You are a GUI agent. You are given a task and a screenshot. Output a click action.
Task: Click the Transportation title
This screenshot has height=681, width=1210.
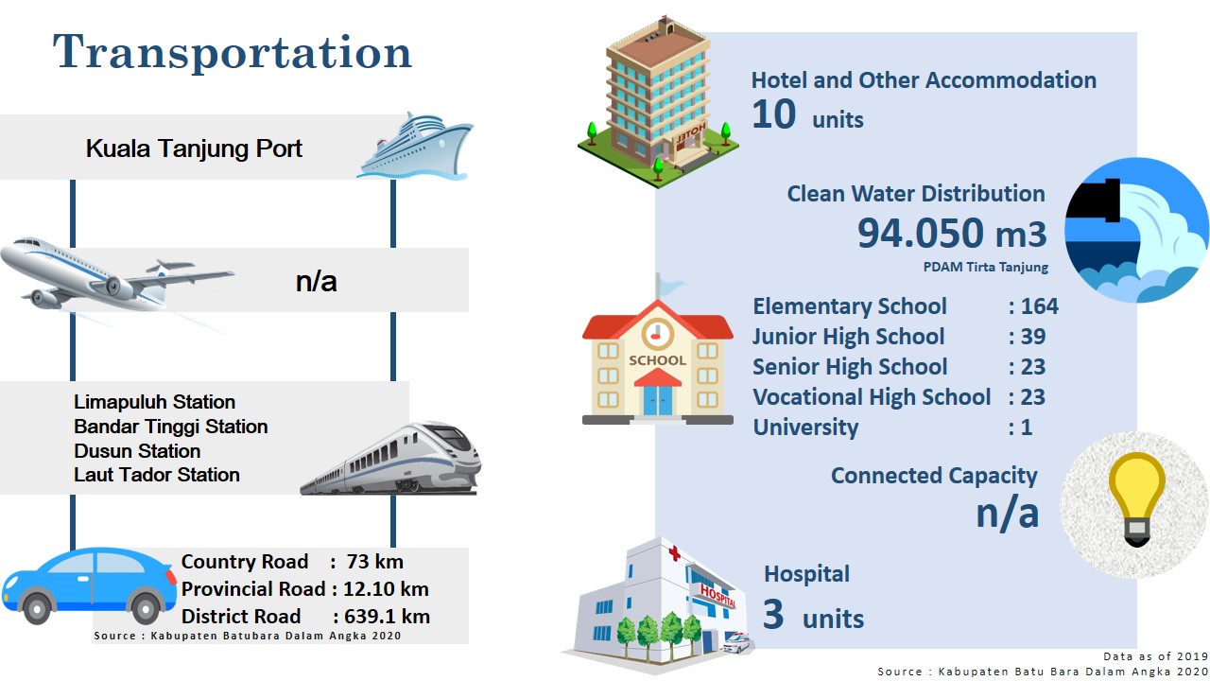point(233,52)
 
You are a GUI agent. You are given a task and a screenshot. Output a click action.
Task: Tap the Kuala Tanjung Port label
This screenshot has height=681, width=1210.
point(194,148)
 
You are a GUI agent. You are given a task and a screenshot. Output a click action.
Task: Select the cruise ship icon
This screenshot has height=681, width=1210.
point(415,146)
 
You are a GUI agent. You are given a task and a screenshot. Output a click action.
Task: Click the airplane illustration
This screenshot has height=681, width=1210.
point(116,278)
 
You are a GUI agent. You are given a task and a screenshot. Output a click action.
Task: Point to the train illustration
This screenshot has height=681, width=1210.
point(390,459)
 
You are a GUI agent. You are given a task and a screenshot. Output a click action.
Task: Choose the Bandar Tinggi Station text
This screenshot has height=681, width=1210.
point(171,427)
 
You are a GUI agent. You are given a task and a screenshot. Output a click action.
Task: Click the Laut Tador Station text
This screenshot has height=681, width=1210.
point(157,475)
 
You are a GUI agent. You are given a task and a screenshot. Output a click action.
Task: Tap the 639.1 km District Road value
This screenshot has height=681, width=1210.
point(387,617)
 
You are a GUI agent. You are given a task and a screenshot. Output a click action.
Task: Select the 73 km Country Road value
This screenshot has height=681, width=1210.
point(374,562)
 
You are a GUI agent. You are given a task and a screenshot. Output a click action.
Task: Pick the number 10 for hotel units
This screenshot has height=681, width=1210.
point(773,114)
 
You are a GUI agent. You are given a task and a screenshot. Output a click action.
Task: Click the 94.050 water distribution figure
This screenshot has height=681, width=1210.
point(920,233)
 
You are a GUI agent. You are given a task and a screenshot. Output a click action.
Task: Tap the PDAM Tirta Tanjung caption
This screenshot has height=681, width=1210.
point(985,267)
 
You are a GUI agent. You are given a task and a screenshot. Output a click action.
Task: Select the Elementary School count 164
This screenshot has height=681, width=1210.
point(1040,306)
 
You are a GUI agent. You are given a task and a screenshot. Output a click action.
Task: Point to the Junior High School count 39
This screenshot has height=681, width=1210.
point(1033,337)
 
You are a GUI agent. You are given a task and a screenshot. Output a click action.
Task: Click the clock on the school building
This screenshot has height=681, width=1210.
point(657,334)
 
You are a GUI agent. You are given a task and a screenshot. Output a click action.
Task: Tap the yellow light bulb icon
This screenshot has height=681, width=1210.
point(1136,498)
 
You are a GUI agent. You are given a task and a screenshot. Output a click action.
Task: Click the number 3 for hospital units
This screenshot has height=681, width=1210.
point(773,615)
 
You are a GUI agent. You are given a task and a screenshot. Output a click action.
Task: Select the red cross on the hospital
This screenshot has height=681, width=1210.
point(674,553)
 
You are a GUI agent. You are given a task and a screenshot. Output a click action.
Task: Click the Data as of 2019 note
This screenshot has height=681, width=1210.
point(1155,656)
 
